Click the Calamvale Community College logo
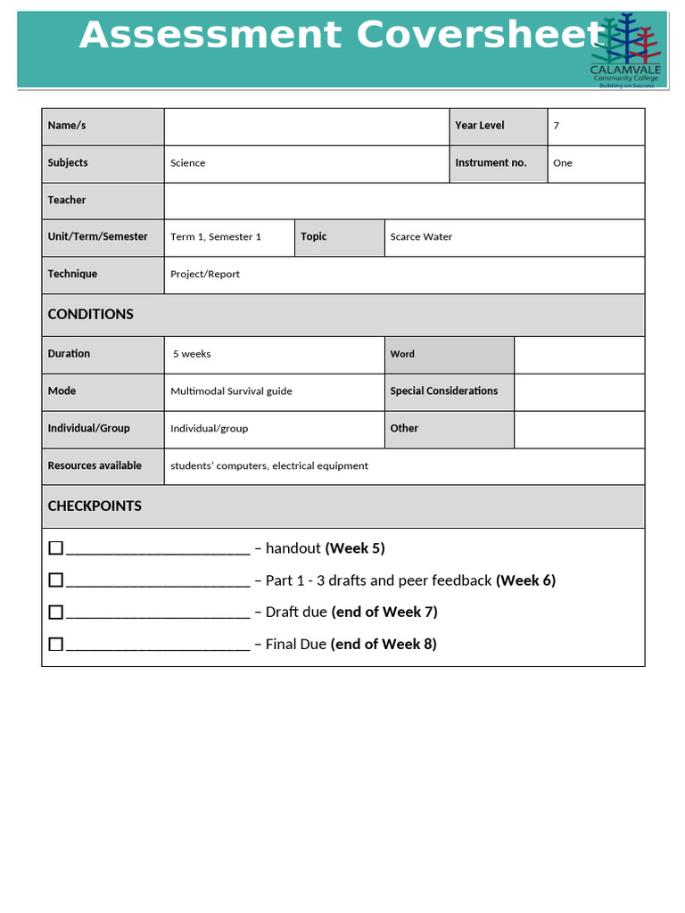pos(625,52)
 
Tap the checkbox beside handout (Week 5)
pos(56,547)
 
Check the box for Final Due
pos(56,644)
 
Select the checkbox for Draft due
pos(56,612)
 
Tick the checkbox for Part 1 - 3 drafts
pos(56,580)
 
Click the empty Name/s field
pos(306,126)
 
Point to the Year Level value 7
pos(557,126)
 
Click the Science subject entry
pos(188,163)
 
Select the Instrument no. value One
pos(563,163)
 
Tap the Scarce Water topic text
pos(421,237)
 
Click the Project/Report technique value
pos(205,275)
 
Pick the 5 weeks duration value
pos(192,354)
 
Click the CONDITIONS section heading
pos(91,314)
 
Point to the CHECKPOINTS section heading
pos(95,506)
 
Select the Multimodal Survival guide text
pos(231,391)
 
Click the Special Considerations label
pos(443,391)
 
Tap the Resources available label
pos(95,465)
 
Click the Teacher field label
pos(67,201)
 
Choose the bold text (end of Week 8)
pos(384,644)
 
